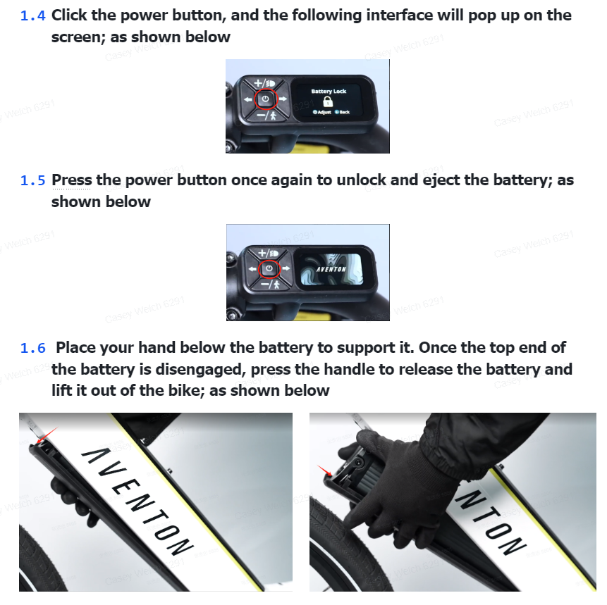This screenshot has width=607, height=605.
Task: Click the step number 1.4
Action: (33, 16)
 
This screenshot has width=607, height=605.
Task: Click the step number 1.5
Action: (33, 180)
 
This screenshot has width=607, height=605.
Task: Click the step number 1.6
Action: (33, 348)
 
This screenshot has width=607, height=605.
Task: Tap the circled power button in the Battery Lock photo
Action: (266, 99)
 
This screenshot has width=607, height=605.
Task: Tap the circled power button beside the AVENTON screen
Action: (269, 268)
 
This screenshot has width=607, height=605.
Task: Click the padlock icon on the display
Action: (328, 101)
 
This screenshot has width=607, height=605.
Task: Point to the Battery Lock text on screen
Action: (329, 92)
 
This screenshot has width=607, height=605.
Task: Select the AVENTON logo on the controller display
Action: (331, 269)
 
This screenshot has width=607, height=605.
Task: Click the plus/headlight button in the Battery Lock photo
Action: (264, 83)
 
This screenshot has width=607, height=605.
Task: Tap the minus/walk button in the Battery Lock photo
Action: (266, 115)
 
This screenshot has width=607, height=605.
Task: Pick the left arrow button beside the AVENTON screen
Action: (252, 268)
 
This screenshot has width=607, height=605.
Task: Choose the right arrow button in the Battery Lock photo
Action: (283, 99)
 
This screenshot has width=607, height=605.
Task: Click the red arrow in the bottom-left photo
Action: (47, 435)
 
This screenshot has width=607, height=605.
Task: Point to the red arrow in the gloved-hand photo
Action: (324, 470)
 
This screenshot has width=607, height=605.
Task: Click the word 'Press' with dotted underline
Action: (72, 180)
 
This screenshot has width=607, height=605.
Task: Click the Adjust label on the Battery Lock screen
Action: (322, 112)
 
